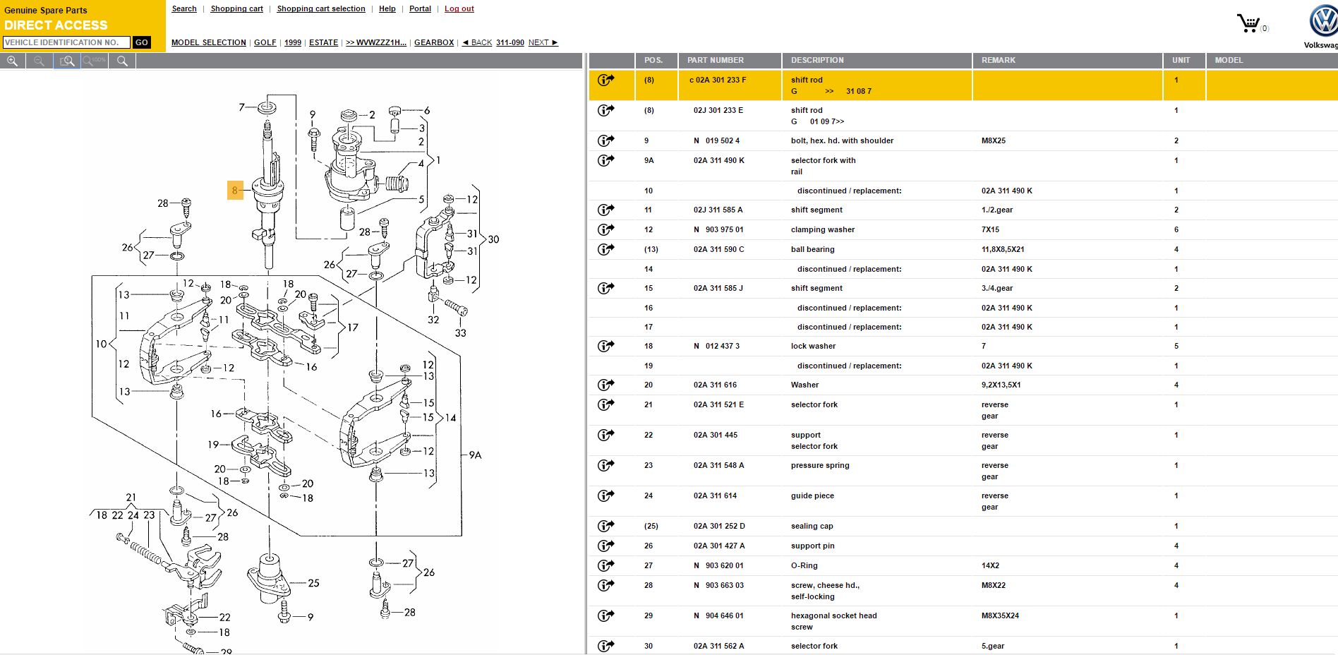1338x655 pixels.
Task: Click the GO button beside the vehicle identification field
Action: point(142,42)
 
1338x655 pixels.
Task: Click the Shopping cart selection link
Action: point(321,8)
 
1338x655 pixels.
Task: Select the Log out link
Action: point(459,8)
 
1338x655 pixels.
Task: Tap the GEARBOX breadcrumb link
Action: point(434,42)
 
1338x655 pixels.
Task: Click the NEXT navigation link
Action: point(543,42)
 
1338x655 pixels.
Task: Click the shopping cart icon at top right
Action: point(1249,23)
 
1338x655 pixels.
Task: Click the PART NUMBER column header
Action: point(716,60)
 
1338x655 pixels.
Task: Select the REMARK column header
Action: point(999,60)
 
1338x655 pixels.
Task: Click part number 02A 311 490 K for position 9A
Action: point(718,160)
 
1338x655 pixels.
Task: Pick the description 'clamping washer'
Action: point(822,229)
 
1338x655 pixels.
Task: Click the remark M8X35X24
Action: point(1000,615)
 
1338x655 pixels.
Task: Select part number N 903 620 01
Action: point(718,565)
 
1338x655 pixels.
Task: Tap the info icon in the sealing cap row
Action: point(605,526)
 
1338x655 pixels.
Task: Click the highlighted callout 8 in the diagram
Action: point(235,190)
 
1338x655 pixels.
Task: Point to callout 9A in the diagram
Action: point(475,455)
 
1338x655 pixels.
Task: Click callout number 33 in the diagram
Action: point(460,333)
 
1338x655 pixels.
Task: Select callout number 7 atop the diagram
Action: point(241,107)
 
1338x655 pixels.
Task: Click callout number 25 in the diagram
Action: point(313,583)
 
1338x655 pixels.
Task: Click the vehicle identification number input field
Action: point(66,42)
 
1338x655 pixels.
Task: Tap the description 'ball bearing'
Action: point(812,249)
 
